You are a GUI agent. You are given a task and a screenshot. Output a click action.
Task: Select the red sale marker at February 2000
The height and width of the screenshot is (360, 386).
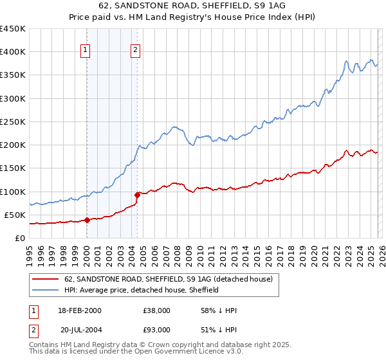click(87, 220)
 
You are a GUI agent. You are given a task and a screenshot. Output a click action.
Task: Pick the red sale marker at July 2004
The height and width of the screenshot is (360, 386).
click(137, 194)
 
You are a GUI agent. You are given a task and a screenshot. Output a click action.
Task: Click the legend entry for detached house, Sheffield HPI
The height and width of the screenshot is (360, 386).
click(141, 290)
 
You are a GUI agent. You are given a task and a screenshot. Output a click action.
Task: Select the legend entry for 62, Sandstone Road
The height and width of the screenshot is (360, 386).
click(169, 279)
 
